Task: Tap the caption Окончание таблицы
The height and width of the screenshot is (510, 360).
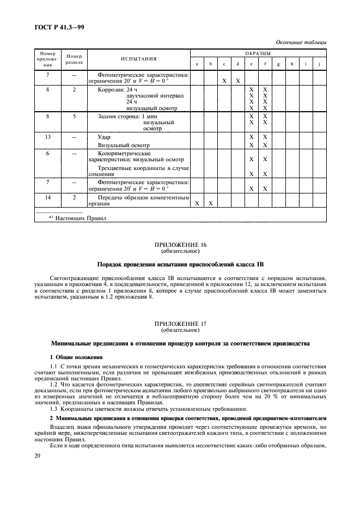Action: [x=301, y=41]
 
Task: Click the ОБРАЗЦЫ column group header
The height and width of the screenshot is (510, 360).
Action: [x=258, y=53]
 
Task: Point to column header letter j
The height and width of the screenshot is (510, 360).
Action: [x=320, y=64]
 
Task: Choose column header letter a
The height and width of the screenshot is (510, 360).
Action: [x=197, y=64]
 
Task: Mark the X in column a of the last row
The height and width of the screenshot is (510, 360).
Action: [x=197, y=203]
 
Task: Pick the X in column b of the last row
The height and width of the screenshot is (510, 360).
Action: [x=210, y=203]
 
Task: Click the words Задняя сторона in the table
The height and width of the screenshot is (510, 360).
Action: [x=118, y=117]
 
